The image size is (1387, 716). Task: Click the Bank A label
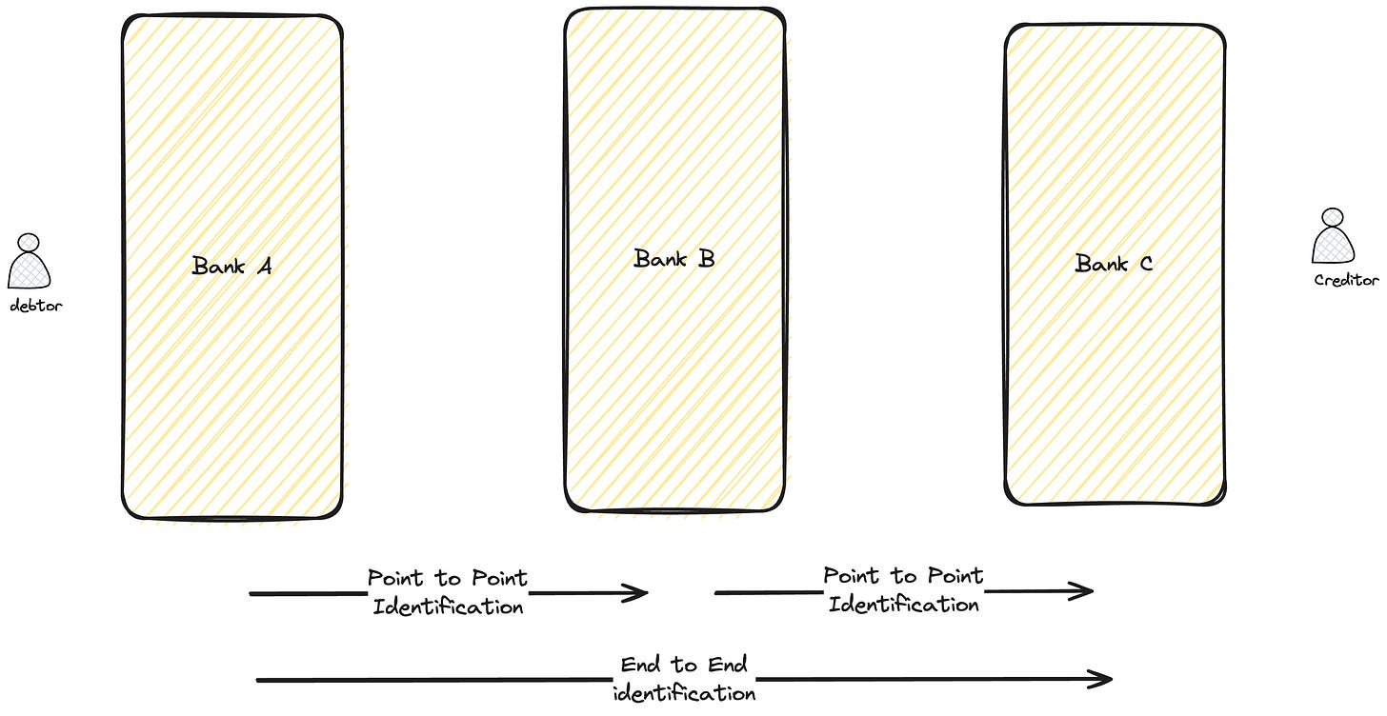coord(231,266)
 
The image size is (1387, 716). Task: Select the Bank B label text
coord(673,259)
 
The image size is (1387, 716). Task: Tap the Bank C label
coord(1114,264)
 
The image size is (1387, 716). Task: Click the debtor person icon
coord(29,261)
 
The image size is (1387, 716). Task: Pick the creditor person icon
coord(1333,235)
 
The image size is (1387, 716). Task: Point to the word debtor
coord(36,305)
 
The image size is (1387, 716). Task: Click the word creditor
coord(1346,280)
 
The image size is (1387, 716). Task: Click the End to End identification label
coord(684,679)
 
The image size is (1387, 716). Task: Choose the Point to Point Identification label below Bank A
coord(447,592)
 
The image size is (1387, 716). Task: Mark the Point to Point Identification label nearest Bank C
coord(903,589)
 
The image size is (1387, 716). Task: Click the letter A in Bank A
coord(265,267)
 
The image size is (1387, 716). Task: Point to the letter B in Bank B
coord(707,259)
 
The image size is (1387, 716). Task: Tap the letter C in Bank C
coord(1146,265)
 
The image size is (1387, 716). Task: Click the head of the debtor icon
coord(29,243)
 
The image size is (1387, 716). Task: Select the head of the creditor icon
coord(1333,217)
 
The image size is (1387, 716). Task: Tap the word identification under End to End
coord(684,693)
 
